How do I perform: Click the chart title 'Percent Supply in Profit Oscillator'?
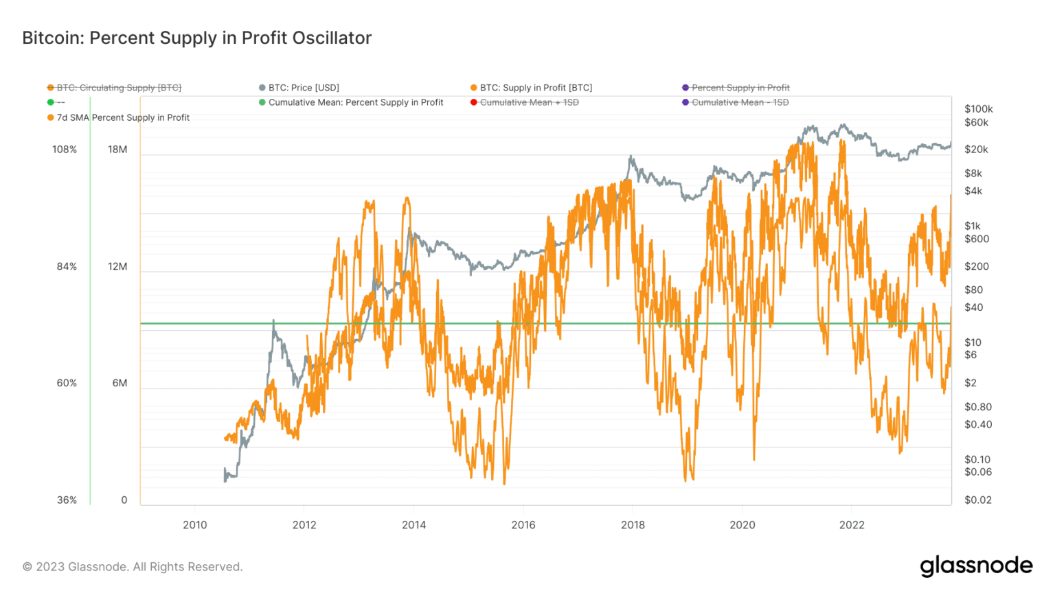pos(196,38)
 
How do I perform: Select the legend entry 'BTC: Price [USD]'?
pos(304,88)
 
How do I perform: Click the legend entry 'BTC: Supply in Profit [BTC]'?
pos(536,88)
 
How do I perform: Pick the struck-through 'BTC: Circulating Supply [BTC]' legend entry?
pos(119,88)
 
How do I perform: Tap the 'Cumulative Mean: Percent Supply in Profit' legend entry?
pos(356,102)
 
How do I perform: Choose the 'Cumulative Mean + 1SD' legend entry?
pos(529,102)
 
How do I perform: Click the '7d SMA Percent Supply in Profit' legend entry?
pos(123,117)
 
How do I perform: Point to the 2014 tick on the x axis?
pos(413,525)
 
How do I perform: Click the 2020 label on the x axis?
pos(742,525)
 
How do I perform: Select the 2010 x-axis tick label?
pos(194,525)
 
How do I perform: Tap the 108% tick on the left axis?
pos(65,150)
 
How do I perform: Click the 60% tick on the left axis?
pos(67,383)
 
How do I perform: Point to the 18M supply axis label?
pos(117,150)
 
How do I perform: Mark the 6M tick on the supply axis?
pos(120,383)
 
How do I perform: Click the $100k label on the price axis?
pos(978,109)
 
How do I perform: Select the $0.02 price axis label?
pos(977,500)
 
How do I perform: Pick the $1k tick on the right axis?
pos(972,226)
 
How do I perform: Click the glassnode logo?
pos(976,566)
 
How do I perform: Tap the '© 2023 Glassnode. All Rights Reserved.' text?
pos(133,567)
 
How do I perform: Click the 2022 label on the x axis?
pos(852,525)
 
